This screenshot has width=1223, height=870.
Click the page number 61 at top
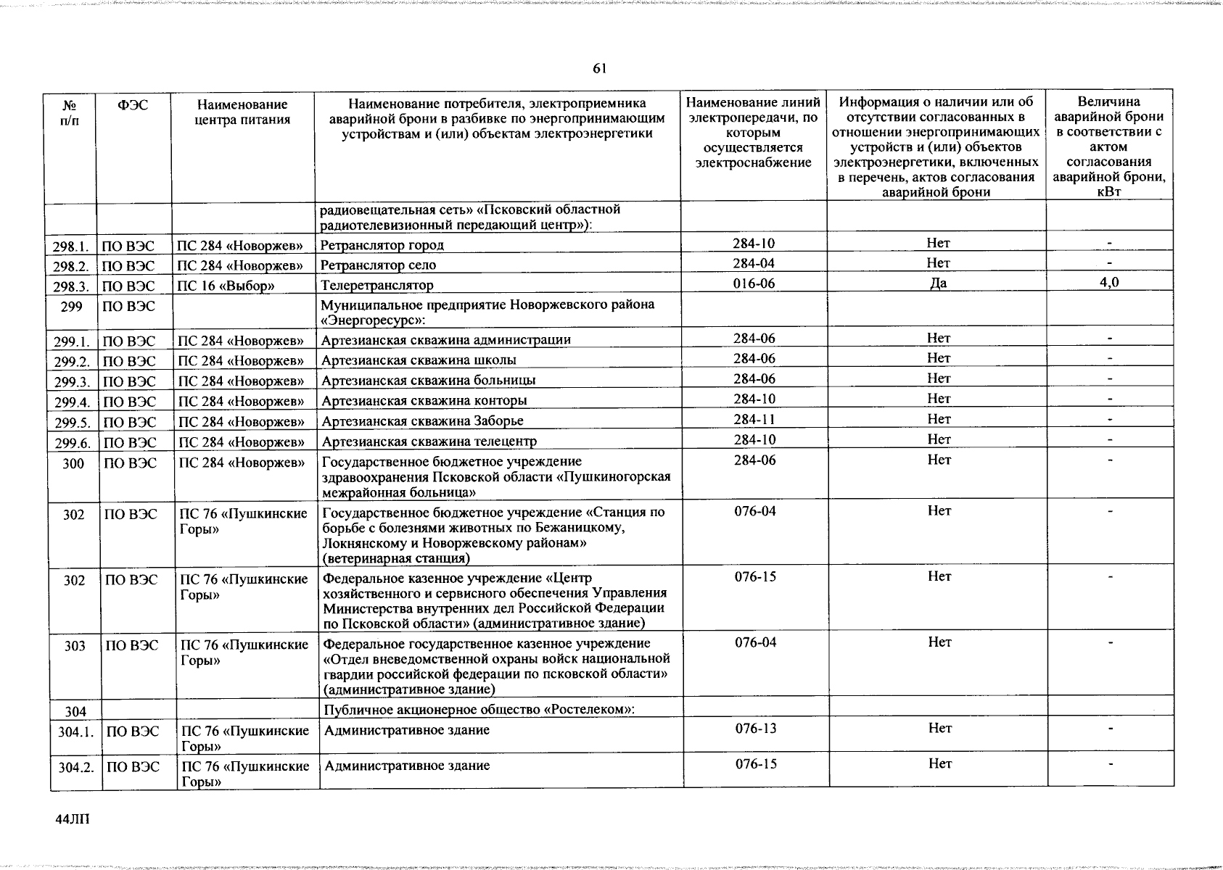(x=599, y=69)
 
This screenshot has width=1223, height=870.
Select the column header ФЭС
(x=133, y=105)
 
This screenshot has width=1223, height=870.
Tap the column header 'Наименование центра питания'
(x=242, y=112)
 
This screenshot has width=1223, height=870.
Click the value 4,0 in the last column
(x=1109, y=283)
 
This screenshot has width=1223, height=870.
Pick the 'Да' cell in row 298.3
(x=938, y=283)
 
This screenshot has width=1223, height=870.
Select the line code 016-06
(x=754, y=283)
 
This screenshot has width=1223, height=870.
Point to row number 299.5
(x=73, y=423)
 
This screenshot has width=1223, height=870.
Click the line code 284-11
(x=754, y=419)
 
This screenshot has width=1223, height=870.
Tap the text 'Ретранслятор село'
(x=379, y=265)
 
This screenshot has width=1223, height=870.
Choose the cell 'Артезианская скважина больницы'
(x=429, y=381)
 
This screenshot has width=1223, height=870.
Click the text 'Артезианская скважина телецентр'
(x=429, y=442)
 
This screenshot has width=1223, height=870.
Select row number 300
(x=73, y=464)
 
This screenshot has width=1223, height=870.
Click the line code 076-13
(x=755, y=729)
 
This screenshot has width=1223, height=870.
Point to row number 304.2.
(x=76, y=767)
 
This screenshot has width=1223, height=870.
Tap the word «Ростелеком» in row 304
(x=588, y=709)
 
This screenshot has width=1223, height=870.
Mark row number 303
(x=74, y=646)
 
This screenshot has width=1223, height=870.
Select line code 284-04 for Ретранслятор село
(x=754, y=263)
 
